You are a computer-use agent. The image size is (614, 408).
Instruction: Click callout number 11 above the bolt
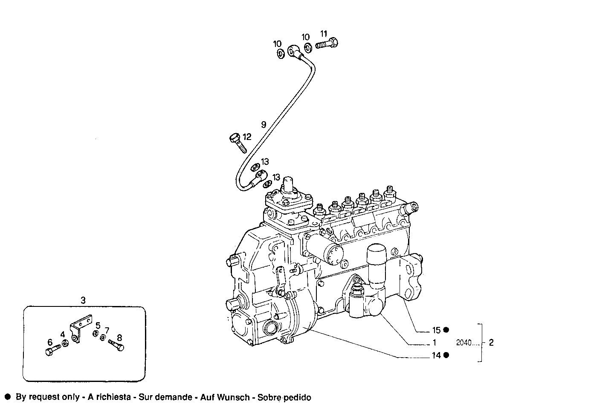click(x=324, y=34)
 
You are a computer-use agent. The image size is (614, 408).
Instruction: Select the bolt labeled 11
click(x=327, y=44)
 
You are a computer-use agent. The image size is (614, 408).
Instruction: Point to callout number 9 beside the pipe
click(x=264, y=124)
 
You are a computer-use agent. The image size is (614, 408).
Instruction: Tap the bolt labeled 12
click(x=238, y=143)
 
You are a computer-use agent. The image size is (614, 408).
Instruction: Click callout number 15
click(x=436, y=330)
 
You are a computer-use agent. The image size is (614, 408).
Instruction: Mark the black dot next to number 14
click(x=446, y=355)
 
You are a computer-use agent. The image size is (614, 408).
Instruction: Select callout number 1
click(x=434, y=342)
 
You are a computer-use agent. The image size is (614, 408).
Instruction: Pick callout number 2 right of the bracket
click(x=491, y=343)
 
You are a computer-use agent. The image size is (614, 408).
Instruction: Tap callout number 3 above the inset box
click(x=83, y=300)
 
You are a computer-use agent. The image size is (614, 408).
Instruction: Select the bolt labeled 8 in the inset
click(x=116, y=345)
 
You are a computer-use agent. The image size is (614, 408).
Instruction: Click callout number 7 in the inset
click(x=107, y=330)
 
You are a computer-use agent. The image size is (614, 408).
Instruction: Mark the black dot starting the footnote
click(x=7, y=397)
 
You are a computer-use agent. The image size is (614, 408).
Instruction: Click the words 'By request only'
click(x=47, y=397)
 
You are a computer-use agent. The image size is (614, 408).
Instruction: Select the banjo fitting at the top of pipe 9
click(x=294, y=51)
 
